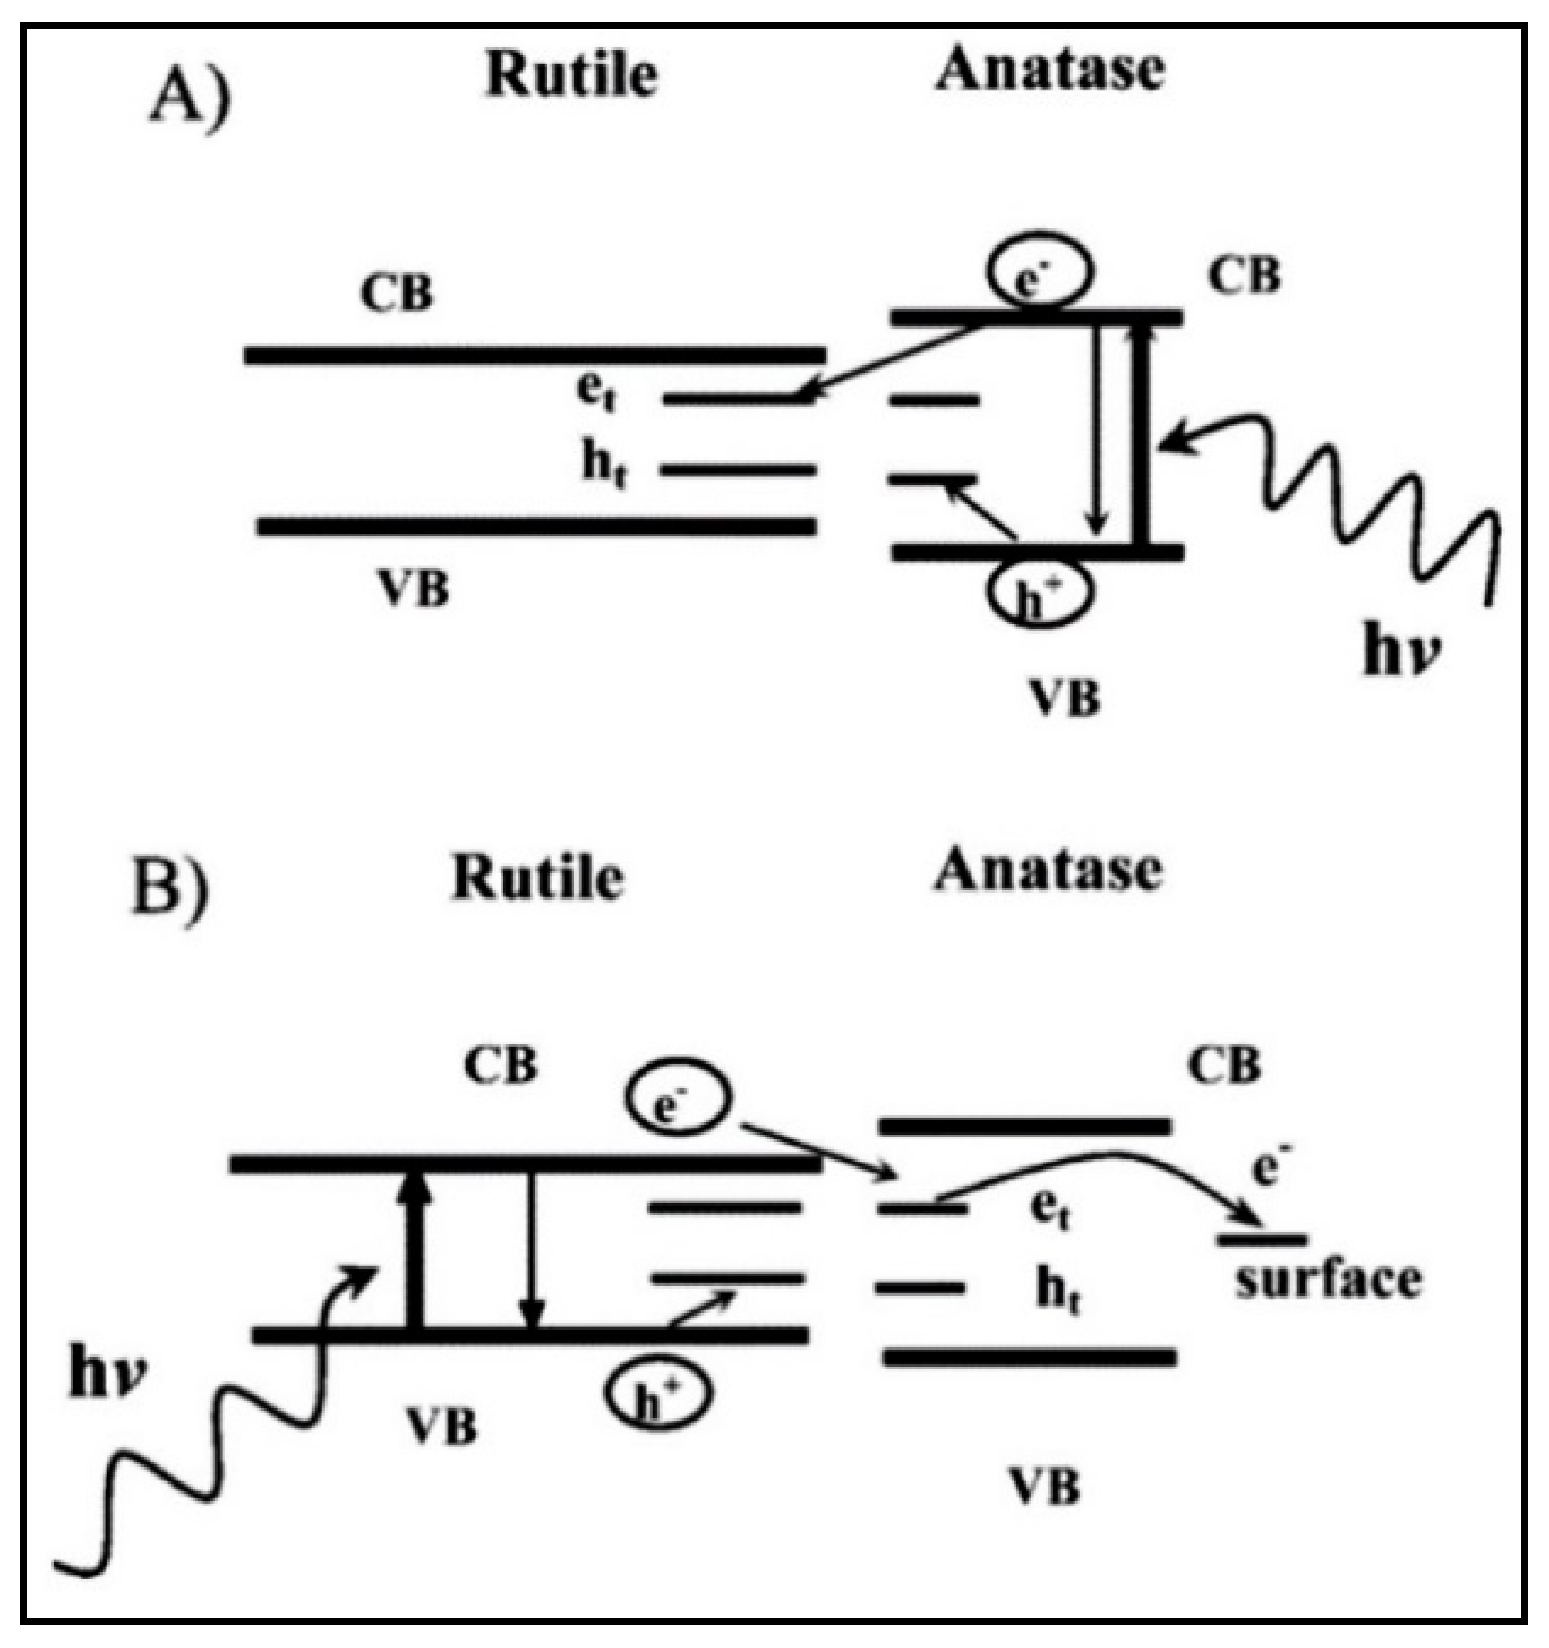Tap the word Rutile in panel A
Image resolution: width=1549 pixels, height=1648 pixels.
tap(571, 75)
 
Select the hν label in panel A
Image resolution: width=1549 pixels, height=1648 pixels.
tap(1401, 651)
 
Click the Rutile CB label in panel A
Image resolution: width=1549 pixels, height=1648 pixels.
tap(397, 293)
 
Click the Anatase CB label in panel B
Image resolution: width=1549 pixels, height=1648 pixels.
tap(1224, 1066)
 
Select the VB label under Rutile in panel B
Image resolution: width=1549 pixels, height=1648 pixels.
tap(441, 1425)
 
